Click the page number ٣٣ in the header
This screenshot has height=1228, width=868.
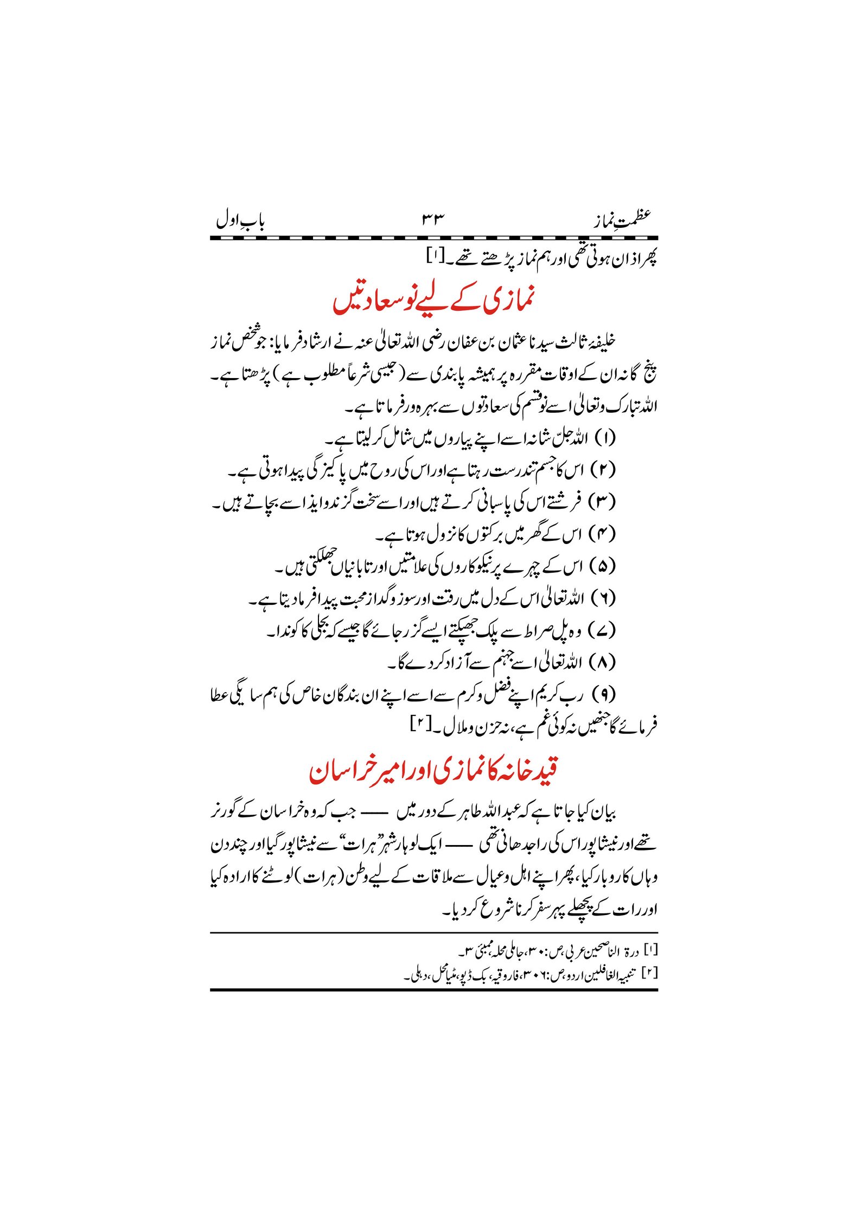433,220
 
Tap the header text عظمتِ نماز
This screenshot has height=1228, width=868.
622,220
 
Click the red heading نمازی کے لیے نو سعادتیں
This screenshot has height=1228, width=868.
433,300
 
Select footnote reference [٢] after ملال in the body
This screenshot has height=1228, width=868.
421,724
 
